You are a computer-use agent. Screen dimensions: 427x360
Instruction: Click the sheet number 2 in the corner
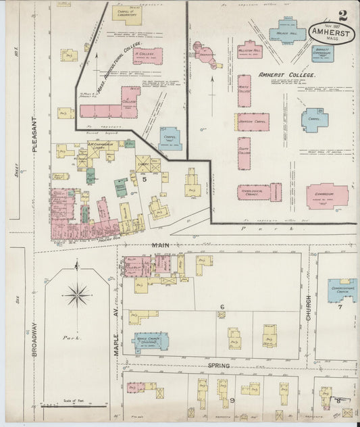click(x=343, y=15)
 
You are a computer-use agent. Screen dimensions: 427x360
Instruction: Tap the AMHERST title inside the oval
click(x=331, y=32)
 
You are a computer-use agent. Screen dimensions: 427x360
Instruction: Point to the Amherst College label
click(x=287, y=76)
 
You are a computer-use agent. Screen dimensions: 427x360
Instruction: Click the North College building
click(x=244, y=91)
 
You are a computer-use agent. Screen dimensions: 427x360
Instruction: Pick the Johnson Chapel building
click(x=253, y=122)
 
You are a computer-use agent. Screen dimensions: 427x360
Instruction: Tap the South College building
click(x=244, y=153)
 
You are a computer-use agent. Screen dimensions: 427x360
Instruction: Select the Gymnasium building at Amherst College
click(x=327, y=196)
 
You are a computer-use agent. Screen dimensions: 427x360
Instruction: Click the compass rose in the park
click(x=78, y=295)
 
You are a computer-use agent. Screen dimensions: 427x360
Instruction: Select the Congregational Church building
click(x=342, y=291)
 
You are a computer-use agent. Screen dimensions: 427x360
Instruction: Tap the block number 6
click(x=222, y=307)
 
